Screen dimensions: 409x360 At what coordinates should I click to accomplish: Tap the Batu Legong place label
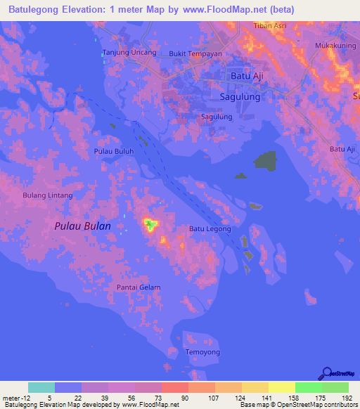coord(210,229)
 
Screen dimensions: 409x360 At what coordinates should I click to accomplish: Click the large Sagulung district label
coord(240,97)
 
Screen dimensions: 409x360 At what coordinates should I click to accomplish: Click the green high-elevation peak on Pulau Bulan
coord(150,226)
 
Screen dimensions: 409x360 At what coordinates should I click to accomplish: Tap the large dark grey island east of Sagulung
coord(265,161)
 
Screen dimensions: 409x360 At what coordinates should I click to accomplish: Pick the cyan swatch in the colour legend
coord(41,387)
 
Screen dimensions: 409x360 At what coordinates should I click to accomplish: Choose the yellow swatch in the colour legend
coord(281,387)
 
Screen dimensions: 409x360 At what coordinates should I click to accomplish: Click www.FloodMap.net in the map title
coord(229,9)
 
